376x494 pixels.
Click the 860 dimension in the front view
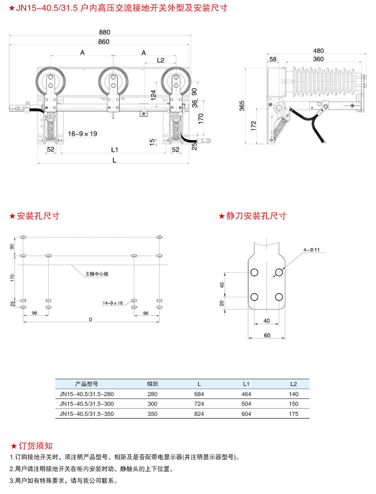tap(104, 42)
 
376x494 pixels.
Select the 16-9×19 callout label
tap(83, 134)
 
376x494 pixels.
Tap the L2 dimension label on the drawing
tap(160, 60)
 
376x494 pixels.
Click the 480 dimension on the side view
tap(319, 51)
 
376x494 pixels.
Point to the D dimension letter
tap(90, 320)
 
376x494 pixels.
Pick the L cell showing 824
tap(199, 414)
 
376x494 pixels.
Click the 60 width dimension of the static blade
tap(267, 335)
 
